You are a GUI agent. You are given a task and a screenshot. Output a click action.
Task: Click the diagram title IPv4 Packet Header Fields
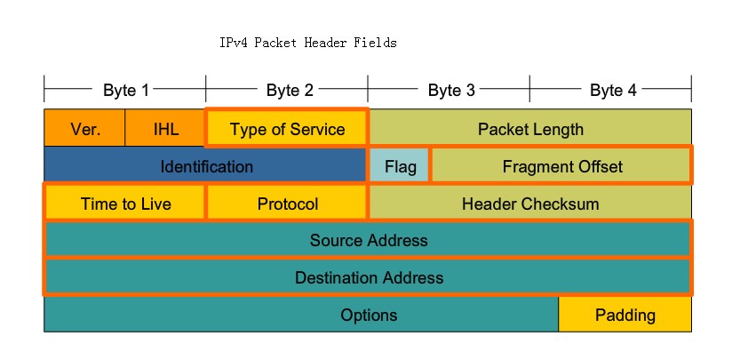point(307,43)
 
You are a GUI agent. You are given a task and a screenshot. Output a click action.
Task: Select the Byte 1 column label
point(125,90)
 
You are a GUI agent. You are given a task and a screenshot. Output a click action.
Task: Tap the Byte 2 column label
point(289,90)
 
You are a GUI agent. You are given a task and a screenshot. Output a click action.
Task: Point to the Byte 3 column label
point(450,90)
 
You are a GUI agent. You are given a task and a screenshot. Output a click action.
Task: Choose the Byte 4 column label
point(612,90)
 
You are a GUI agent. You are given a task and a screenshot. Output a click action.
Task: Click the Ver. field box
point(85,129)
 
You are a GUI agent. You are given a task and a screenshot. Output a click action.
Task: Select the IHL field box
point(166,129)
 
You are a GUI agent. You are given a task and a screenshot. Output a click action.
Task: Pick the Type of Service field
point(287,129)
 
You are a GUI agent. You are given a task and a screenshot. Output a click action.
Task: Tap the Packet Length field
point(530,129)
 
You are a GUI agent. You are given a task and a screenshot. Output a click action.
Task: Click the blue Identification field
point(206,166)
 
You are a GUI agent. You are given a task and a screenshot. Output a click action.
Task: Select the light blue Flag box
point(400,166)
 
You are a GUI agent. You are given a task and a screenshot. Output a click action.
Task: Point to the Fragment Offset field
point(561,166)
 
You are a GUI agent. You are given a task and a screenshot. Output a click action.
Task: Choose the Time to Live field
point(125,204)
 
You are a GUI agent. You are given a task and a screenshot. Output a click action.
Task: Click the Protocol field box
point(287,204)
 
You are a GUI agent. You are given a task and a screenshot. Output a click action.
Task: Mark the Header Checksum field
point(530,204)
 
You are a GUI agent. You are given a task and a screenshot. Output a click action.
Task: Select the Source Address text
point(369,240)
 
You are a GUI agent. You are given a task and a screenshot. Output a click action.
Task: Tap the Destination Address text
point(369,277)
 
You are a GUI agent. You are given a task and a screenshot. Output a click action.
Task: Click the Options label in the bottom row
point(369,315)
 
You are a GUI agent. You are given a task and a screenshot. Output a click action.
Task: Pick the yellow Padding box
point(625,315)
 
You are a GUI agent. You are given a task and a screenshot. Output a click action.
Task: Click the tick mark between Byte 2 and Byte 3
point(368,90)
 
